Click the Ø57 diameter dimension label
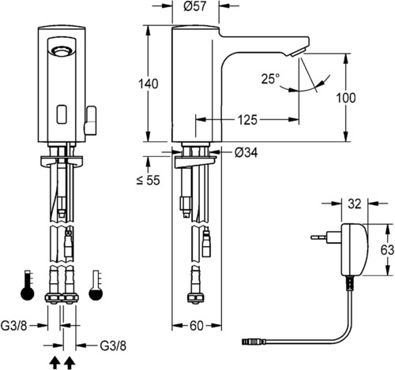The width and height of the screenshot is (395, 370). click(195, 6)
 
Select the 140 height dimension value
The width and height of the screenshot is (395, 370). click(149, 84)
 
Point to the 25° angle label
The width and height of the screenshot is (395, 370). click(270, 79)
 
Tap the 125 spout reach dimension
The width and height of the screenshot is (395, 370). click(247, 120)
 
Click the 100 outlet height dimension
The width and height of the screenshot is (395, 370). click(346, 98)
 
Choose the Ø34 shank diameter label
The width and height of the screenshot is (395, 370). click(246, 152)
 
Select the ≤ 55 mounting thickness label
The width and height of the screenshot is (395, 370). click(149, 180)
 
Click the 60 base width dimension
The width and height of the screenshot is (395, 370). click(197, 326)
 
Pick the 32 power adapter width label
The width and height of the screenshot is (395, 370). click(355, 204)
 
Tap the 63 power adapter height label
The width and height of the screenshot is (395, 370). click(387, 250)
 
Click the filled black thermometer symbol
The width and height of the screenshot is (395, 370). click(28, 285)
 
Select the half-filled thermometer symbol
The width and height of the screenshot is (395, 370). click(96, 285)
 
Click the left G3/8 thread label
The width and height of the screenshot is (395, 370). click(14, 326)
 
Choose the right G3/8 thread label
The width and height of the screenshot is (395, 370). click(113, 346)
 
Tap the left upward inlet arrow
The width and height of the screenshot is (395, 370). click(55, 363)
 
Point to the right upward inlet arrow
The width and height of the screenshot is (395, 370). click(70, 363)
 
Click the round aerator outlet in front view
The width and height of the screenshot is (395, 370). click(62, 50)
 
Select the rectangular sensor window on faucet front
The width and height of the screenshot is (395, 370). click(62, 114)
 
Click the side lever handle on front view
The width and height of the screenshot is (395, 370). click(90, 120)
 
